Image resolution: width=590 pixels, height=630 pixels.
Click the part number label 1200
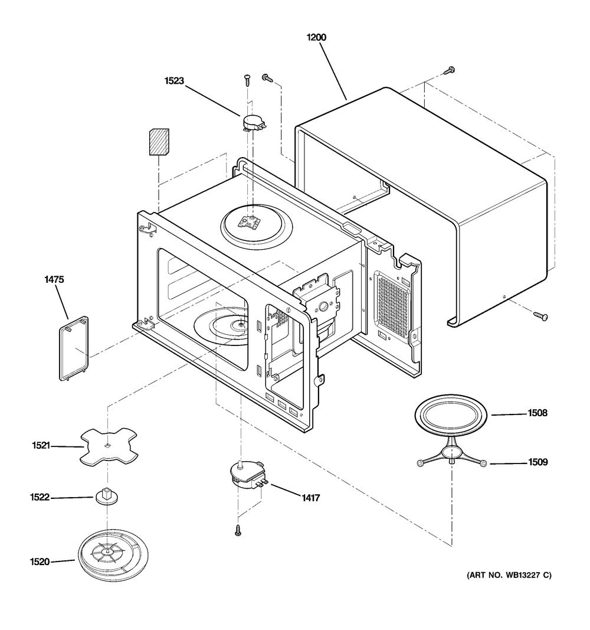tap(316, 37)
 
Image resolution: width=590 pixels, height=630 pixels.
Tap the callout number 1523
tap(174, 81)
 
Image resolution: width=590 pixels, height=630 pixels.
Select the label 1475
tap(54, 279)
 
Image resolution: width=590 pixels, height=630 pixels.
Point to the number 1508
tap(537, 413)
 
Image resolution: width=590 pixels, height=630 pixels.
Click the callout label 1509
tap(538, 462)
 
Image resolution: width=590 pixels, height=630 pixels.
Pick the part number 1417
tap(311, 498)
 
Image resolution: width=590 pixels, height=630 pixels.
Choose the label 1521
tap(41, 445)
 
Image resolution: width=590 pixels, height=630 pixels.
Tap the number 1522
tap(40, 497)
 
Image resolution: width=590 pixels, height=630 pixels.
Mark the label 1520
tap(40, 562)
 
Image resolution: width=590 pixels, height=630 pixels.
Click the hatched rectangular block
tap(159, 142)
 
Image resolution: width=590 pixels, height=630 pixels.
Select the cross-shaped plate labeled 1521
tap(109, 447)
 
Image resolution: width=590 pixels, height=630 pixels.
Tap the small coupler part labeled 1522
tap(106, 496)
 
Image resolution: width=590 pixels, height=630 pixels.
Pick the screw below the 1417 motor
tap(238, 530)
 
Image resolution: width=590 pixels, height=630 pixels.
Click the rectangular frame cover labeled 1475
tap(74, 348)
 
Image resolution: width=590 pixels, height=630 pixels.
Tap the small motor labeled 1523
tap(253, 122)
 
